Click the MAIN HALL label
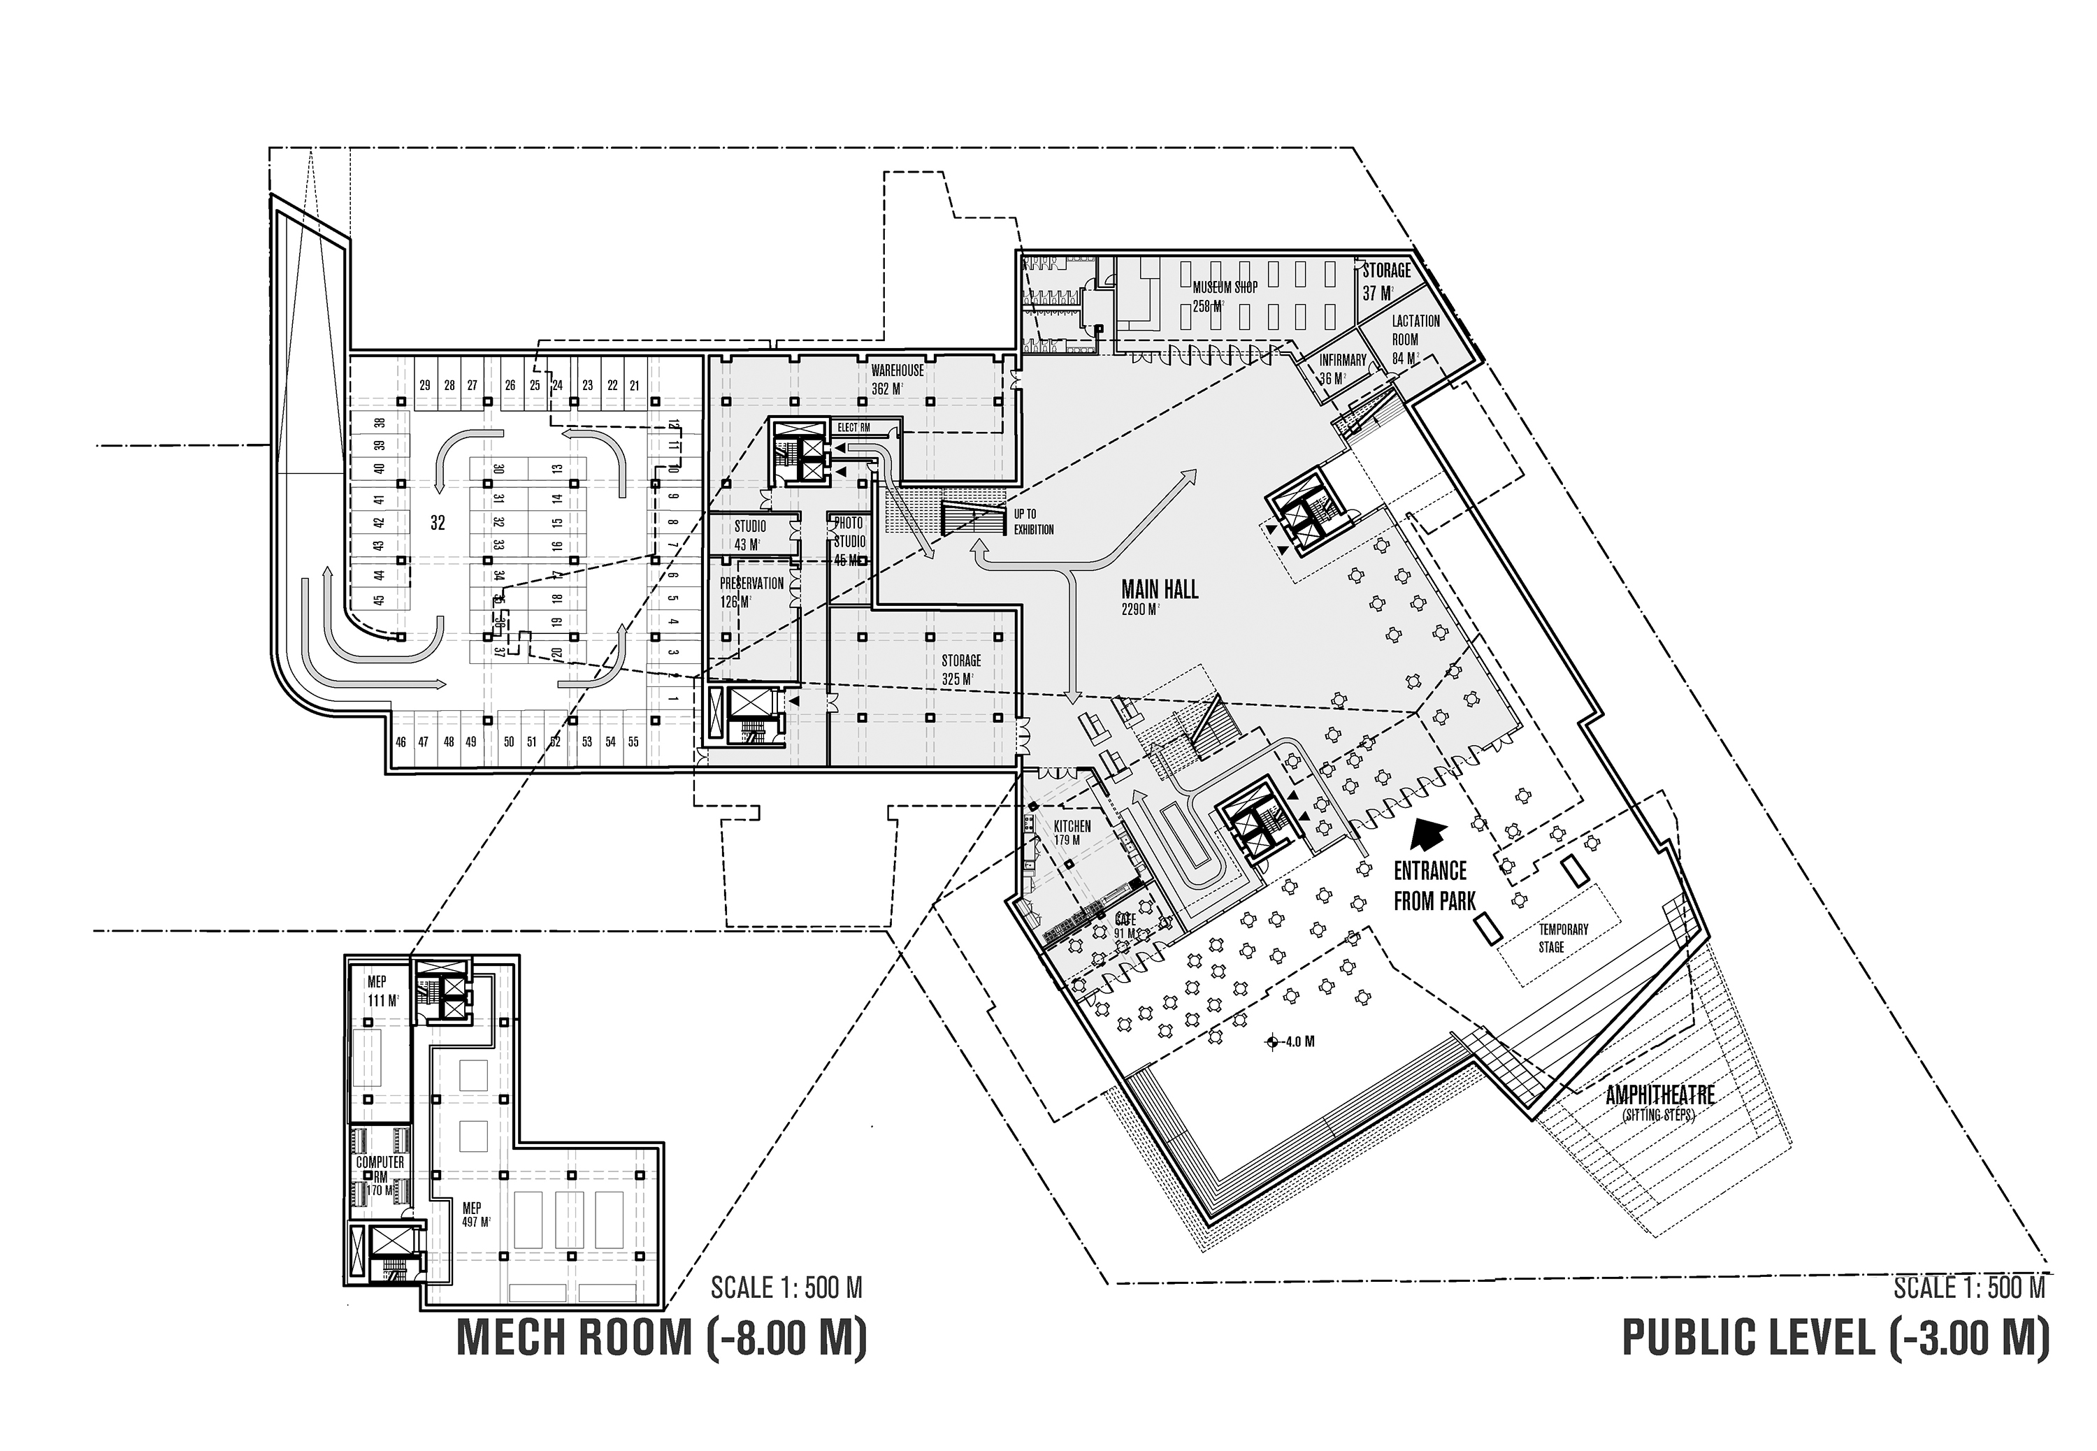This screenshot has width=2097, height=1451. click(x=1159, y=590)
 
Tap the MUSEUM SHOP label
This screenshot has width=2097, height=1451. click(x=1225, y=287)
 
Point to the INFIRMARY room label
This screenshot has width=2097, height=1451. click(x=1341, y=361)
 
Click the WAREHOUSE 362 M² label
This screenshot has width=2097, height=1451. click(x=896, y=371)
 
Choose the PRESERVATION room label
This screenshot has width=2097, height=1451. click(x=751, y=584)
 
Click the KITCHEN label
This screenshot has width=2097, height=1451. click(x=1072, y=826)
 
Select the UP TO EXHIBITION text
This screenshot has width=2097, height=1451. click(x=1034, y=522)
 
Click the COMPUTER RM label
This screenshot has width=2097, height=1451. click(x=380, y=1169)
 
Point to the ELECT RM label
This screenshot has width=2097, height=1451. click(x=853, y=427)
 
